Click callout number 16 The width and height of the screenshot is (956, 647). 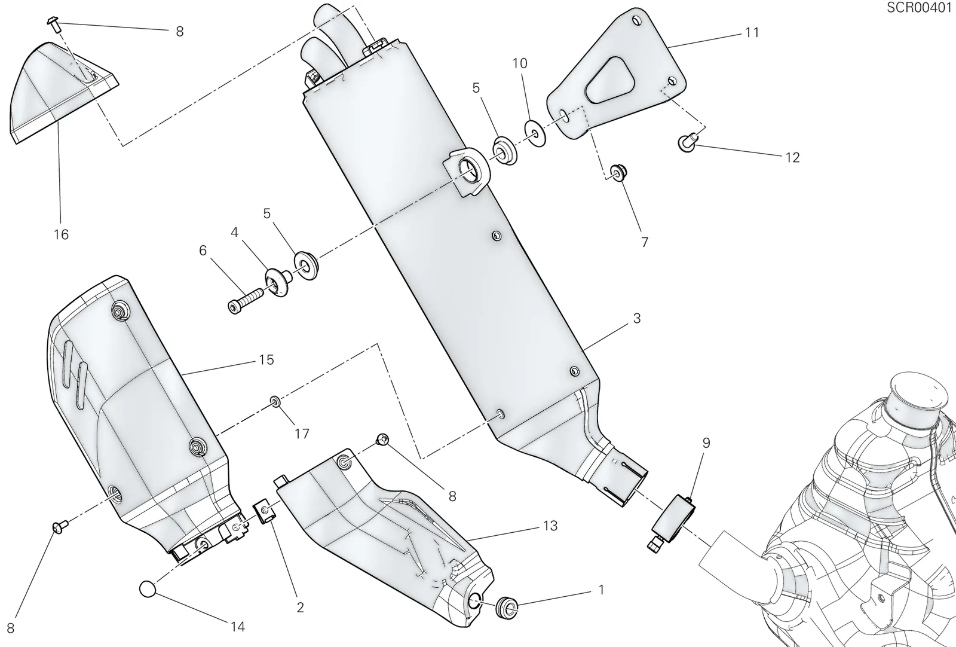pyautogui.click(x=61, y=234)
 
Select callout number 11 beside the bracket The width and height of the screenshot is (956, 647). pyautogui.click(x=752, y=32)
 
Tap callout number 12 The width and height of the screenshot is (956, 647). pyautogui.click(x=792, y=158)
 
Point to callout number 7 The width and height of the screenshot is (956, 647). pyautogui.click(x=645, y=242)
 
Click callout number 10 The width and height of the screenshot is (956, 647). pyautogui.click(x=520, y=63)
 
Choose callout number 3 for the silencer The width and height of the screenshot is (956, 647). pyautogui.click(x=637, y=318)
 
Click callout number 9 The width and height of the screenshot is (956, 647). pyautogui.click(x=706, y=443)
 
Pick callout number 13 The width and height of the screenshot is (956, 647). pyautogui.click(x=550, y=526)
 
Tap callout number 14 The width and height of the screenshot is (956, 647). pyautogui.click(x=238, y=627)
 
